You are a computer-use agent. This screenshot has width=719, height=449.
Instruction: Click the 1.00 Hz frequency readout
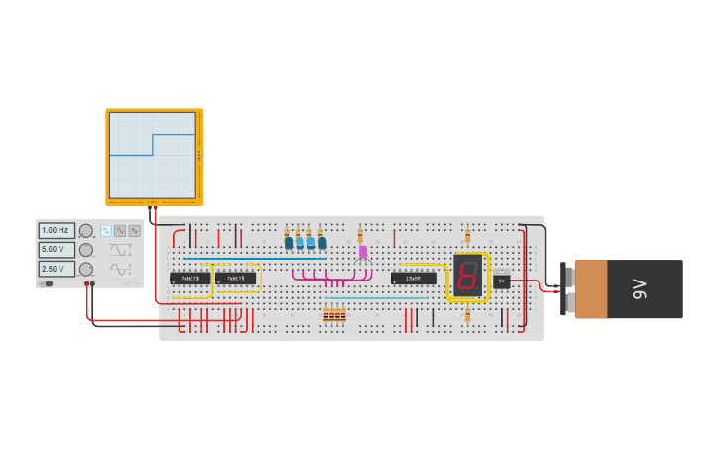pyautogui.click(x=57, y=230)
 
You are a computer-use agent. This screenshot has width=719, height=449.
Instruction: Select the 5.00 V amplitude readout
pyautogui.click(x=57, y=249)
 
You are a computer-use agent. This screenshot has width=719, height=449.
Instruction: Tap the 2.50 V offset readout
pyautogui.click(x=57, y=269)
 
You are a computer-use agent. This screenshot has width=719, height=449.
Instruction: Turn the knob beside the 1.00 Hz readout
pyautogui.click(x=86, y=230)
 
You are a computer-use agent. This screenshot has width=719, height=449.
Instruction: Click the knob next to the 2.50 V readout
pyautogui.click(x=86, y=269)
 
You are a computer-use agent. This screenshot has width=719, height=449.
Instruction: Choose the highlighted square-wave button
pyautogui.click(x=106, y=230)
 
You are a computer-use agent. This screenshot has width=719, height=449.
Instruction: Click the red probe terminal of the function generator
pyautogui.click(x=87, y=284)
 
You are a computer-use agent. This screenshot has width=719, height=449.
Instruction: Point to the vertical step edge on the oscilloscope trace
pyautogui.click(x=153, y=145)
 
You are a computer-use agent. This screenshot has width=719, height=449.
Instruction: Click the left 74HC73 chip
pyautogui.click(x=189, y=279)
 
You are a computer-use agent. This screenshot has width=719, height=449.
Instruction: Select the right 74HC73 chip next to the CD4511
pyautogui.click(x=235, y=279)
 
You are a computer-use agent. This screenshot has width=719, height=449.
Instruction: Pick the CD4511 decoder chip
pyautogui.click(x=413, y=279)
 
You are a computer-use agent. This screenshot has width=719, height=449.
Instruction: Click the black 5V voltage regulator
pyautogui.click(x=502, y=281)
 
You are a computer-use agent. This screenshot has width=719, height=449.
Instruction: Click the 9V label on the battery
pyautogui.click(x=640, y=288)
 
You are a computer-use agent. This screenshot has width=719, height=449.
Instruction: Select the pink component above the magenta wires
pyautogui.click(x=363, y=252)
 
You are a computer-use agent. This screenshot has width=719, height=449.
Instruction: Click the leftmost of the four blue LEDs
pyautogui.click(x=289, y=242)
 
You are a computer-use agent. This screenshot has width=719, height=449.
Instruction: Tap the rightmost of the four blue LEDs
pyautogui.click(x=322, y=242)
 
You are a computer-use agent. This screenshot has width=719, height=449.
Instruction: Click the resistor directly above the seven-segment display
pyautogui.click(x=468, y=236)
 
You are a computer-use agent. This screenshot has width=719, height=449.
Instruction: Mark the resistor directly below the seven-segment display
pyautogui.click(x=468, y=316)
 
